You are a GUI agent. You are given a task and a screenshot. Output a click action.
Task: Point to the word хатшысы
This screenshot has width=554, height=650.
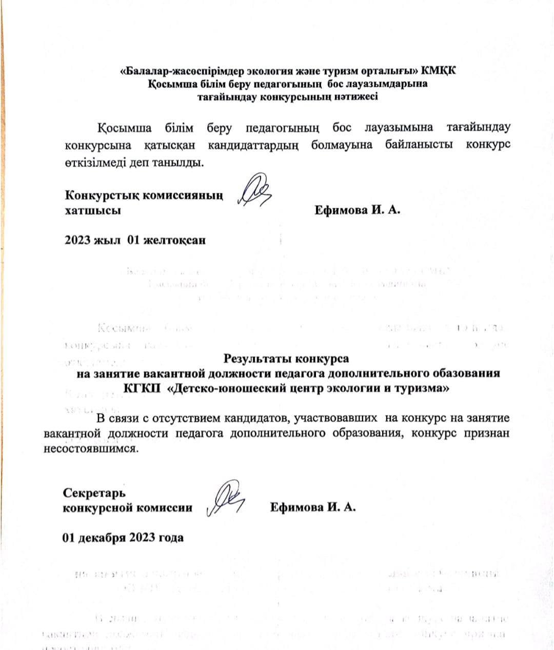click(x=93, y=210)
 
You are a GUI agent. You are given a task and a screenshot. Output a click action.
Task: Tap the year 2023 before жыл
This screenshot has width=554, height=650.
click(x=77, y=240)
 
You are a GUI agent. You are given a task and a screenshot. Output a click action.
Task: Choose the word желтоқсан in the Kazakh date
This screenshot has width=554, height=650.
click(x=174, y=240)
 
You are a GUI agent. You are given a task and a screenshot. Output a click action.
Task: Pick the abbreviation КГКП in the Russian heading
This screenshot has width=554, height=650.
click(x=140, y=388)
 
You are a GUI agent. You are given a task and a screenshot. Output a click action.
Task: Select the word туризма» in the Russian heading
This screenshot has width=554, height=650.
click(x=422, y=388)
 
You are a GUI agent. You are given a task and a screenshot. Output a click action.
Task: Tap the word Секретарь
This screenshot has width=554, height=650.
click(x=94, y=493)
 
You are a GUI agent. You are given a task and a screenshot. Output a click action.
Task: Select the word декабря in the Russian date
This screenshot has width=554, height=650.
click(x=101, y=538)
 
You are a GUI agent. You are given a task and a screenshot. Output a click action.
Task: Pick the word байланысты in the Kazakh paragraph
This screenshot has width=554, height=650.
click(x=419, y=144)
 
